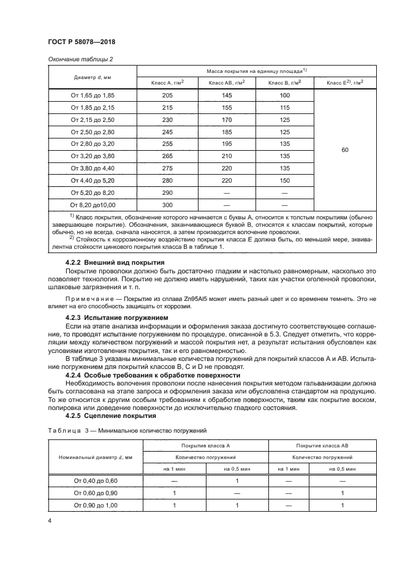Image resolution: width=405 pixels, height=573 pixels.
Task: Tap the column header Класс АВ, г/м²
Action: (x=226, y=83)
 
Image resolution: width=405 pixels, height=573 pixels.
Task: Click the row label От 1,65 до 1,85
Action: (x=93, y=96)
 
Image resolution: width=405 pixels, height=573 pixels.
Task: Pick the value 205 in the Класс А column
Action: (x=167, y=96)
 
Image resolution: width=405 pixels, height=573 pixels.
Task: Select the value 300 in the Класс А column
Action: (x=167, y=204)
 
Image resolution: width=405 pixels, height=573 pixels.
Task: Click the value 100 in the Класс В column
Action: (x=284, y=96)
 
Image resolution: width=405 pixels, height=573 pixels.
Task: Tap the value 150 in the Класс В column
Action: (x=284, y=180)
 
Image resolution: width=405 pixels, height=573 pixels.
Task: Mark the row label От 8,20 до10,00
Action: (x=93, y=204)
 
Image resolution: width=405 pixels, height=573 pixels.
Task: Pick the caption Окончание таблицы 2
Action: (x=80, y=59)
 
